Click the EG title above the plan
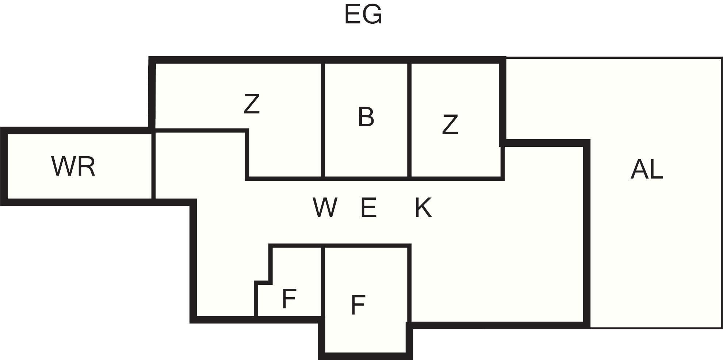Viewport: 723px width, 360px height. point(363,15)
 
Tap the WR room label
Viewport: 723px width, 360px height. point(73,166)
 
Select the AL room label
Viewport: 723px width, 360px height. point(647,170)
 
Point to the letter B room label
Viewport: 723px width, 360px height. point(366,117)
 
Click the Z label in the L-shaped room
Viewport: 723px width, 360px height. point(252,104)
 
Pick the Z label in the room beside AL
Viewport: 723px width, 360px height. point(450,125)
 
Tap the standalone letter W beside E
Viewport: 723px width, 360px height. point(325,208)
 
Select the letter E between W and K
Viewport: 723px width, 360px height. point(368,208)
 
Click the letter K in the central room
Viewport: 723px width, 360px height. point(423,208)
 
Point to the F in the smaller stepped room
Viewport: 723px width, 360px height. point(289,299)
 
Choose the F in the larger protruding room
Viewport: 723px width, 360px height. point(358,305)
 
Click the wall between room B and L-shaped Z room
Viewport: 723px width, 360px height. point(323,120)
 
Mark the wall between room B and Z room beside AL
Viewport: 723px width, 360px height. point(409,120)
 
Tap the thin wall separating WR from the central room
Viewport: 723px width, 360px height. point(153,166)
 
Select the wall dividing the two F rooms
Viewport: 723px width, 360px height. point(323,281)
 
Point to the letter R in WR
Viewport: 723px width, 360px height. point(86,166)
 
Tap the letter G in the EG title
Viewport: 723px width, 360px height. point(373,15)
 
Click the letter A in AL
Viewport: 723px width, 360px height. point(639,170)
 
